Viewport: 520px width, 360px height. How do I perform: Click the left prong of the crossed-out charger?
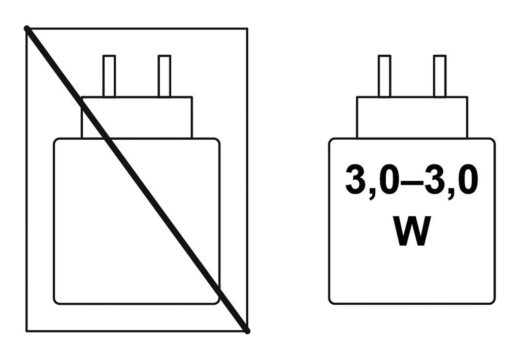109,76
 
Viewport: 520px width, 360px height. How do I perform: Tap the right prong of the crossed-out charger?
165,76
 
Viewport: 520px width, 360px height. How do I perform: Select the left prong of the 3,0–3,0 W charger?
384,76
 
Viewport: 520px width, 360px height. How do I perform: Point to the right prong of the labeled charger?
440,76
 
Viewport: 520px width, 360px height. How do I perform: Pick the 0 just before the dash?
388,179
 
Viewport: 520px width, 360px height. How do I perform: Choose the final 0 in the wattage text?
468,179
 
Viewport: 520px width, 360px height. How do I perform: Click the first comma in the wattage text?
372,193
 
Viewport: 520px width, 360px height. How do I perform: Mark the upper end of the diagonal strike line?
27,28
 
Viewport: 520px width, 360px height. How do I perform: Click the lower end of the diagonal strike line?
247,331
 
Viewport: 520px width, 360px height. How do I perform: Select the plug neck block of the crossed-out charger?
137,117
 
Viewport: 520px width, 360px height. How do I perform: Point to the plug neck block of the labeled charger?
412,117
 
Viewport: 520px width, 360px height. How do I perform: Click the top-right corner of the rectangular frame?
247,28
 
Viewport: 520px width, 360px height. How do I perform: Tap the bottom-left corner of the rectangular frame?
26,331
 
